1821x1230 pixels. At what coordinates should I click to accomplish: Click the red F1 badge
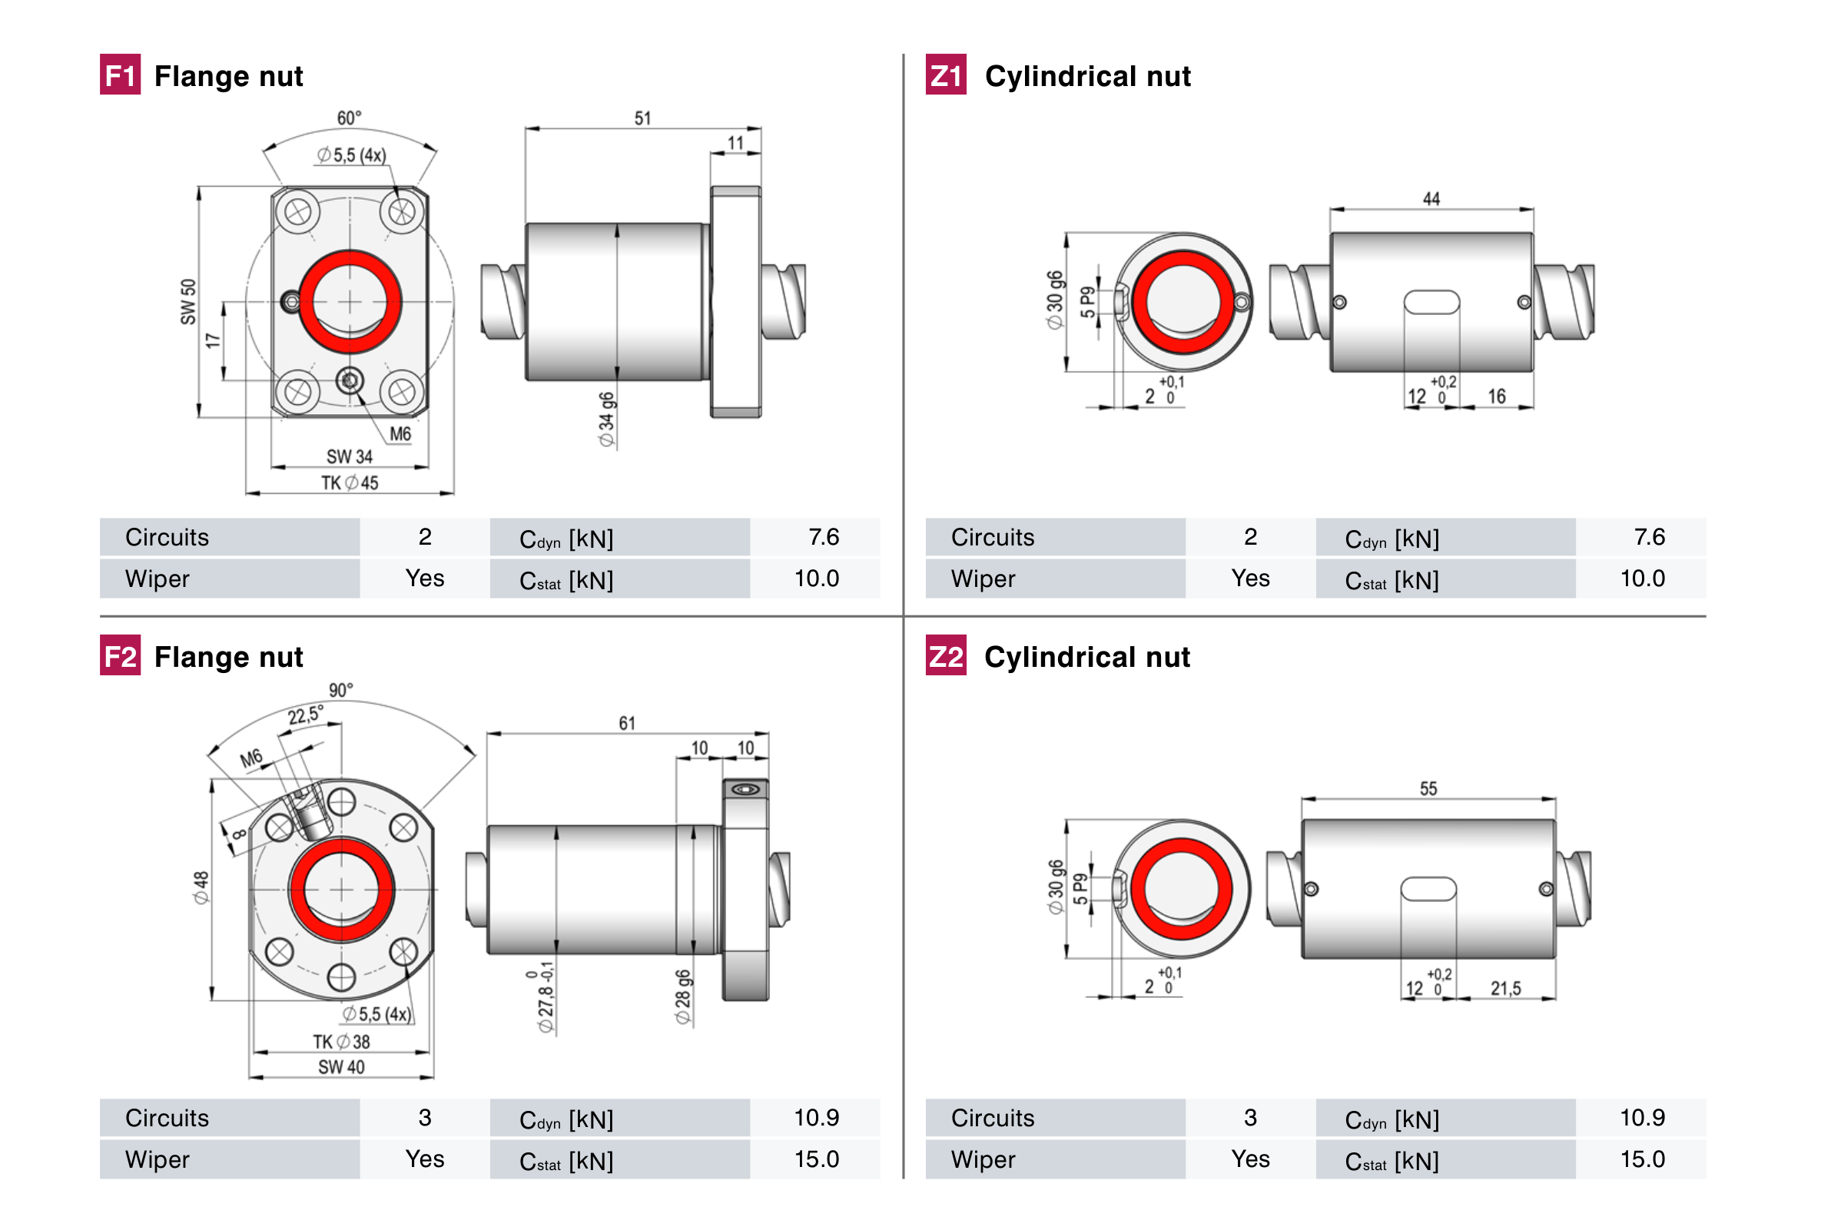(120, 75)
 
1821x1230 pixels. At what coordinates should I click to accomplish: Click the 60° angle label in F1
(349, 118)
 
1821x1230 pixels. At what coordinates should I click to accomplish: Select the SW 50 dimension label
(188, 301)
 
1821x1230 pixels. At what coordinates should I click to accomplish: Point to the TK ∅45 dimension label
(350, 482)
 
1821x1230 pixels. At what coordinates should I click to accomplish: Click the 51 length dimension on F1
(642, 118)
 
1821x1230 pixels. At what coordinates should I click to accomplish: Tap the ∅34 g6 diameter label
(606, 419)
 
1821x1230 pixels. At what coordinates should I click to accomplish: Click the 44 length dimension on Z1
(1431, 199)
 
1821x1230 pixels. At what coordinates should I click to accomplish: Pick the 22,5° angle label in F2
(304, 714)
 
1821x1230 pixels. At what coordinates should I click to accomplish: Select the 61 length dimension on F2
(627, 723)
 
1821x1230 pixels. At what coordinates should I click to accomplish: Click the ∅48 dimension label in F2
(201, 887)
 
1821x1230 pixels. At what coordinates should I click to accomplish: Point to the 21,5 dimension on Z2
(1505, 988)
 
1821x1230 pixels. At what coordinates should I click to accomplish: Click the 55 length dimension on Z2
(1428, 788)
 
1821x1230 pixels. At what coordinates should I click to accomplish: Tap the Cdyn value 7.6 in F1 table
(824, 537)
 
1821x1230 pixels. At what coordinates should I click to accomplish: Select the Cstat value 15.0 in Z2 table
(1641, 1159)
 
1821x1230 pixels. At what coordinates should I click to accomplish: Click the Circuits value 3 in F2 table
(425, 1117)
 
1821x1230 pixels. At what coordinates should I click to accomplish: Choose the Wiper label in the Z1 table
(983, 579)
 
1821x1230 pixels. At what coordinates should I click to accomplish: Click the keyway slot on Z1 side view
(1431, 303)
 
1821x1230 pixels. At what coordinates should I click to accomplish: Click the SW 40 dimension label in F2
(341, 1067)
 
